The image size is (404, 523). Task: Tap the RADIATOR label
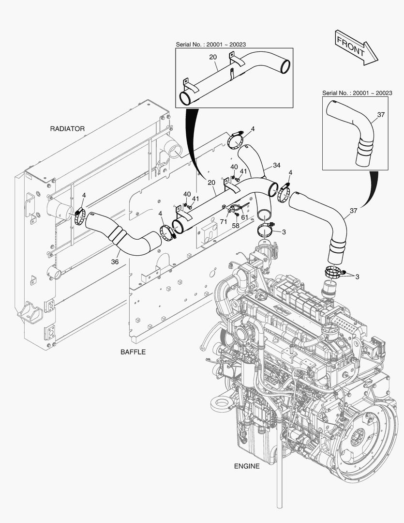(67, 129)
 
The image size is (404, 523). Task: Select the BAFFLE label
(133, 352)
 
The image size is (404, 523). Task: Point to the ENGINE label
(247, 466)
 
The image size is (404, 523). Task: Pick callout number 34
(276, 166)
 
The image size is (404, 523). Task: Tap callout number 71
(223, 221)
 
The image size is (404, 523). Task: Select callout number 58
(236, 226)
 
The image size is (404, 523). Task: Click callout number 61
(245, 217)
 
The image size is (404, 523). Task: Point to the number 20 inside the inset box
(212, 57)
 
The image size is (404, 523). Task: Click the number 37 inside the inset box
(381, 115)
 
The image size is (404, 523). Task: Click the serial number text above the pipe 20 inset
(211, 44)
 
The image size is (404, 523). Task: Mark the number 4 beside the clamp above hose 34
(252, 129)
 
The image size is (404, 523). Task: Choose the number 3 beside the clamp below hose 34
(284, 232)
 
